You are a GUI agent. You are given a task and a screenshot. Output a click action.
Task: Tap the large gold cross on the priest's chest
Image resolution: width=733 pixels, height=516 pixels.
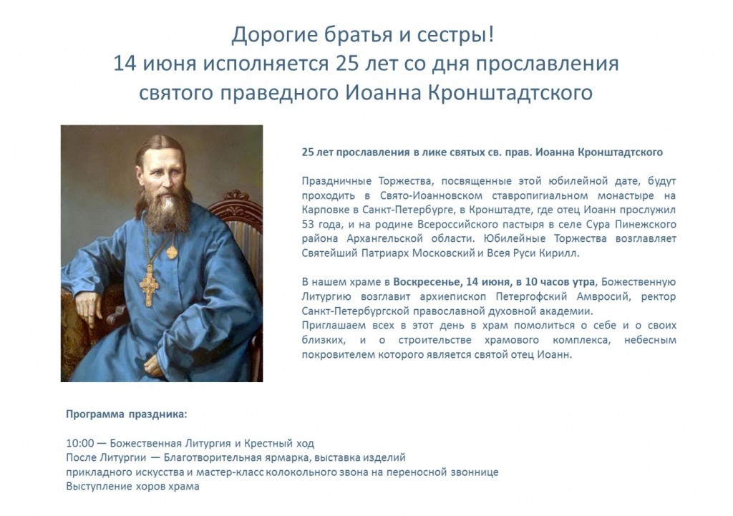coord(149,286)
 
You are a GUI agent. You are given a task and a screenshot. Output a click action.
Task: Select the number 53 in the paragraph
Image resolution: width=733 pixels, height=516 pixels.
coord(308,224)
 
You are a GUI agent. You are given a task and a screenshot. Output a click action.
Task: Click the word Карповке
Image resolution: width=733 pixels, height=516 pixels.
coord(323,210)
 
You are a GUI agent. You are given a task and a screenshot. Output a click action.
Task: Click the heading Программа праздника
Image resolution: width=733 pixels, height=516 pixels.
coord(126,414)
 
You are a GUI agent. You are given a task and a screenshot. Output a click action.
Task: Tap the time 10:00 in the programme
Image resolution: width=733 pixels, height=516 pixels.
coord(80,443)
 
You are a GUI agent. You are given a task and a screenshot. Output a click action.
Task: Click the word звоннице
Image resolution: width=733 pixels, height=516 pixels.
coord(475,472)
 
